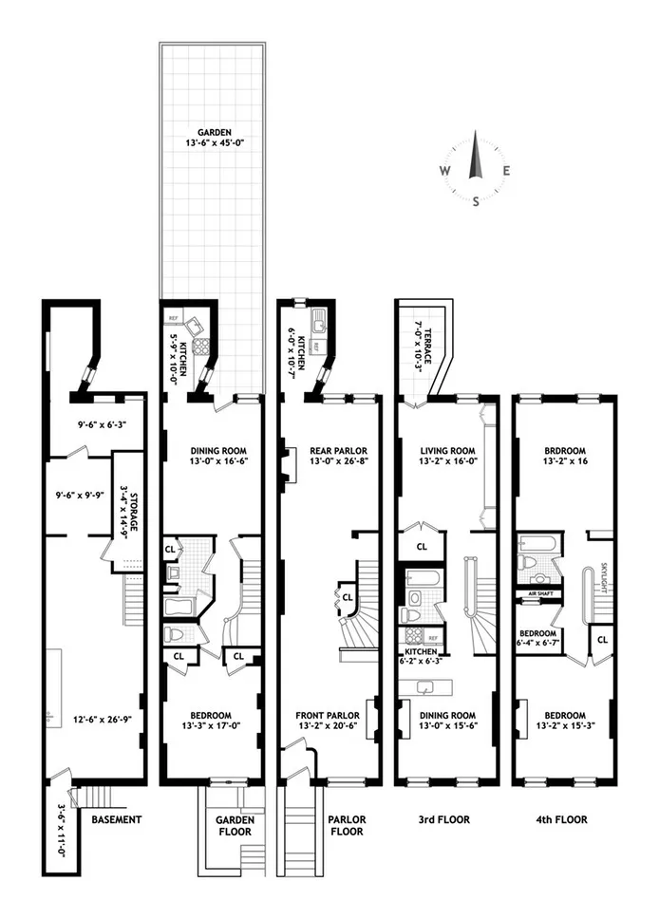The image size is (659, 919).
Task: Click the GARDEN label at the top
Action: (x=211, y=133)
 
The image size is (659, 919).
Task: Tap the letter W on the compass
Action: (x=444, y=171)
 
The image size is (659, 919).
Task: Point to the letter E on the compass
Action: (x=507, y=171)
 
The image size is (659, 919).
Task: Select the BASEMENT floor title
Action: (x=117, y=818)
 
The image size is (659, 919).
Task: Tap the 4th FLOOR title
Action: (x=562, y=818)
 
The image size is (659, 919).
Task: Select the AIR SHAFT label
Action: (x=537, y=594)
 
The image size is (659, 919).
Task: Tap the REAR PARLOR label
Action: (x=338, y=450)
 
